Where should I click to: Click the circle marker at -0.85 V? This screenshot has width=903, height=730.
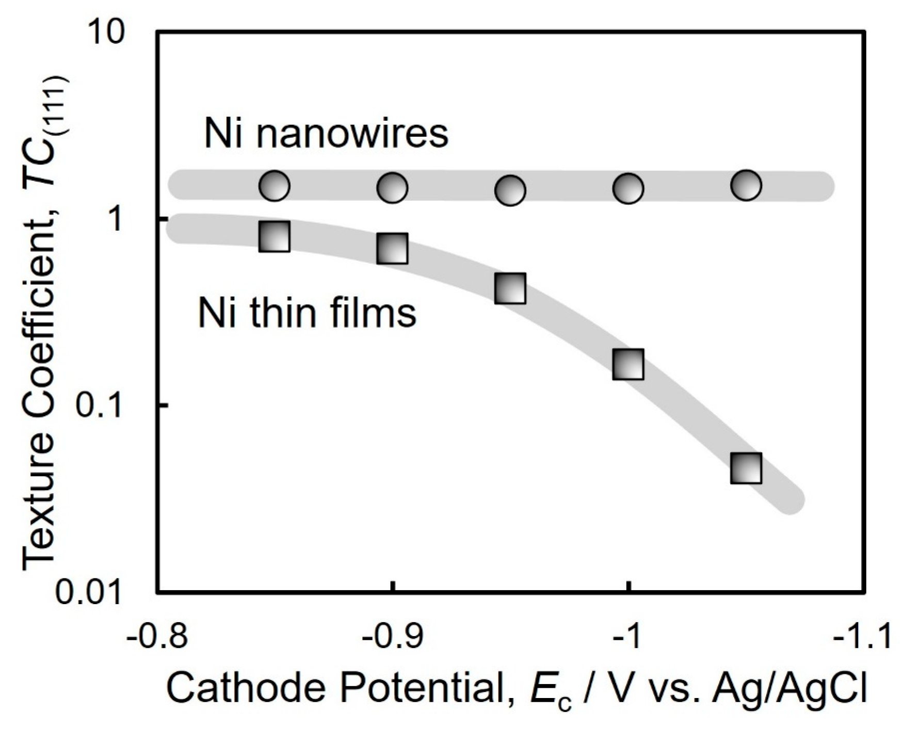274,185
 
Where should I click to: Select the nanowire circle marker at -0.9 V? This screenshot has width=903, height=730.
392,187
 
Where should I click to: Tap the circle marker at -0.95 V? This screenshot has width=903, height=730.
510,190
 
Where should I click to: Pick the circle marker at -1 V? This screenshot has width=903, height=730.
628,188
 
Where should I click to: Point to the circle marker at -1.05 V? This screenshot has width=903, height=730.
746,184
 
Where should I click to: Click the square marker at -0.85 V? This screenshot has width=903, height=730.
274,237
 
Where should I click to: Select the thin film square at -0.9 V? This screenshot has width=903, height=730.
392,248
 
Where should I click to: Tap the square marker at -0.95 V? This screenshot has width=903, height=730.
510,288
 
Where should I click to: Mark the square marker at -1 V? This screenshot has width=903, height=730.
628,364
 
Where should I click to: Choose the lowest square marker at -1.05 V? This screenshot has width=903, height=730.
746,468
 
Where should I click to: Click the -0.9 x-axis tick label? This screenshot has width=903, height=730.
392,639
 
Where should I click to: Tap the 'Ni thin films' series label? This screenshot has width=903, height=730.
308,313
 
